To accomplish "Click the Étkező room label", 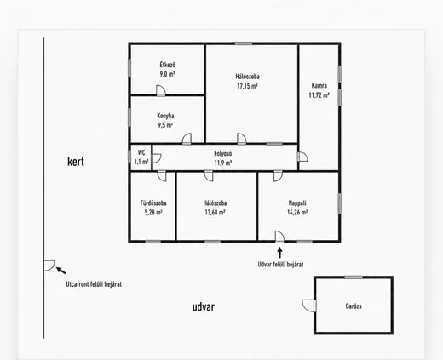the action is click(x=167, y=65).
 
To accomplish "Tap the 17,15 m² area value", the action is click(x=247, y=86).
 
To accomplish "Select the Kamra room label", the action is click(x=319, y=85).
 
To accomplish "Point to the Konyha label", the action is click(x=165, y=116).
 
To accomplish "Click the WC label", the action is click(x=141, y=152).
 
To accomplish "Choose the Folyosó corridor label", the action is click(x=223, y=153).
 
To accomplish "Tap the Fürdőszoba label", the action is click(x=153, y=203).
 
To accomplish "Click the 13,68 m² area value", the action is click(x=215, y=212).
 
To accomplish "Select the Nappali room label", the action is click(x=297, y=203).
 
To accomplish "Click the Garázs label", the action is click(x=354, y=306).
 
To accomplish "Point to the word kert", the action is click(x=76, y=162).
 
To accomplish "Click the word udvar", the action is click(x=204, y=306).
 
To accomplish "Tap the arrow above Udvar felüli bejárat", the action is click(x=279, y=253).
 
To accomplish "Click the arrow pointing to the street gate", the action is click(x=61, y=271).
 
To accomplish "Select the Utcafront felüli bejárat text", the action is click(x=94, y=284).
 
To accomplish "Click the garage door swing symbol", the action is click(x=309, y=306).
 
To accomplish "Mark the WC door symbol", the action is click(x=157, y=158).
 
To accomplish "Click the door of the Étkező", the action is click(x=161, y=90).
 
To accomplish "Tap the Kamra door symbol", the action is click(x=302, y=157).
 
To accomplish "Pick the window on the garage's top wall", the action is click(x=354, y=277).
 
